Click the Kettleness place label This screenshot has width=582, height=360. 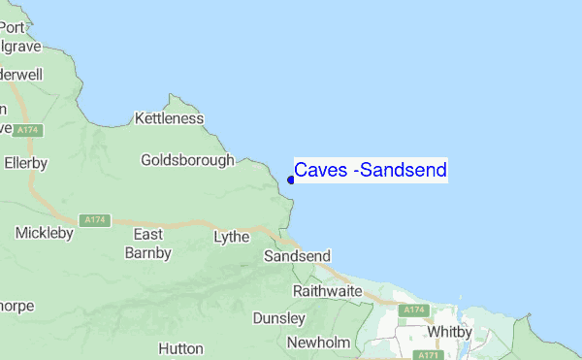(x=170, y=118)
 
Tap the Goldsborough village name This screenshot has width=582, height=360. (x=187, y=160)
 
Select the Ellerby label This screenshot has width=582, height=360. (x=25, y=163)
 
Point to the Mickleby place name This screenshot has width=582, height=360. (x=45, y=233)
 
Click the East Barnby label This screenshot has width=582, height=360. (x=147, y=244)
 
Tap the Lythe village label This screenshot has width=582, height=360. (x=231, y=236)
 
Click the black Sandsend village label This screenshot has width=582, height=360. (x=297, y=256)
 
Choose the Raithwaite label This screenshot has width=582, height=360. (x=327, y=291)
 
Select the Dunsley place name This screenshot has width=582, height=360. (x=278, y=318)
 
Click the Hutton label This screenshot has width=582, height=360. (x=180, y=347)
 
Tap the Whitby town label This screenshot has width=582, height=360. (x=448, y=331)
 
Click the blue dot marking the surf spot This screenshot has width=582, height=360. (x=291, y=179)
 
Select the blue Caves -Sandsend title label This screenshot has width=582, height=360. (x=371, y=171)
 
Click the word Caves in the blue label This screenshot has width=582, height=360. (x=321, y=171)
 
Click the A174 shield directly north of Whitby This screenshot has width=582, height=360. (x=415, y=310)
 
